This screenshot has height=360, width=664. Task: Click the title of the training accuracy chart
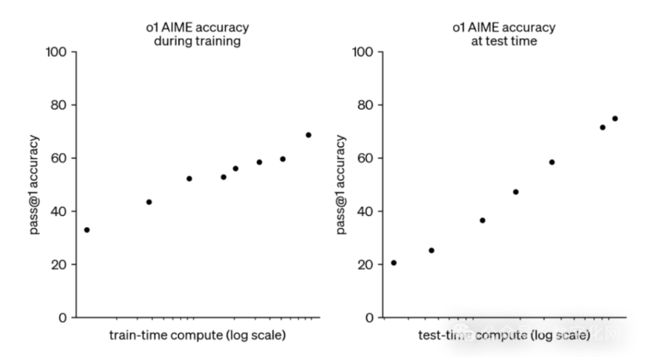point(196,34)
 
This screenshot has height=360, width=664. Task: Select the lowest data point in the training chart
point(87,230)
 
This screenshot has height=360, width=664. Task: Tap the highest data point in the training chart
point(308,135)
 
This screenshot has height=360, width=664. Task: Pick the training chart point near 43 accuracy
point(149,202)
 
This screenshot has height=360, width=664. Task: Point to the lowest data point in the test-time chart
point(394,263)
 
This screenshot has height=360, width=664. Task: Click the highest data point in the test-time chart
point(615,119)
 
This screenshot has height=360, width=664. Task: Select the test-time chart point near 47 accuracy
point(515,192)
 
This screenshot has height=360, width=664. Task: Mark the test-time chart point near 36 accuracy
point(482,220)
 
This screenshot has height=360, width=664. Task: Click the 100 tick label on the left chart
point(56,52)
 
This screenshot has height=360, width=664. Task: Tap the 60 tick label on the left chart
point(59,158)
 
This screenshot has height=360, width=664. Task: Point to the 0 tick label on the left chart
point(63,318)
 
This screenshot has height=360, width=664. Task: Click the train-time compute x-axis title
point(197,336)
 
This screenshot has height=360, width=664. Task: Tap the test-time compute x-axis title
point(504,336)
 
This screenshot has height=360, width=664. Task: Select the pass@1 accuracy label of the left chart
point(35,185)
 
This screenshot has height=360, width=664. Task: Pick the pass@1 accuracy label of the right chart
point(341,185)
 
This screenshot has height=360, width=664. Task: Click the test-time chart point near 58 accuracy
point(552,163)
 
